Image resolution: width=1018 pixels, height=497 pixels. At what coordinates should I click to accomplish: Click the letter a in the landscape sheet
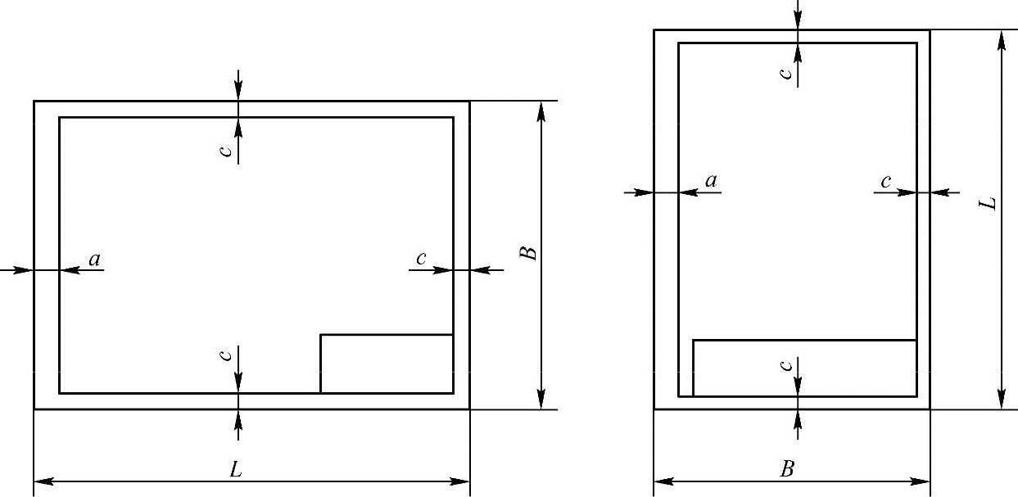click(x=94, y=260)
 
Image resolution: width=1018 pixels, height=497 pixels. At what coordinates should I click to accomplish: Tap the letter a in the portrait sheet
click(x=711, y=181)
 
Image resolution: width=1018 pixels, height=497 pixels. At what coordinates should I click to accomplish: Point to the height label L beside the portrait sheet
click(x=990, y=202)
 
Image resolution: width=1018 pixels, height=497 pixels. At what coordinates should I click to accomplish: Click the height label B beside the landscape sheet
click(x=531, y=252)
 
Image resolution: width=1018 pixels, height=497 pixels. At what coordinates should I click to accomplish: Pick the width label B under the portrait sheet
click(x=787, y=469)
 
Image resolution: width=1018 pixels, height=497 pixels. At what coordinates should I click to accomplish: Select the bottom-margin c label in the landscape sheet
click(x=231, y=355)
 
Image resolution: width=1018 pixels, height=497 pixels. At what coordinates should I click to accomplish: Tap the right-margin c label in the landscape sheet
click(x=421, y=259)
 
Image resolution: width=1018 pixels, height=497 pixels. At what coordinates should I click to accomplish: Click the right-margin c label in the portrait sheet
click(x=885, y=181)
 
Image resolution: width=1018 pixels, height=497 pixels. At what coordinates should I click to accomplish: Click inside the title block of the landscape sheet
click(x=386, y=364)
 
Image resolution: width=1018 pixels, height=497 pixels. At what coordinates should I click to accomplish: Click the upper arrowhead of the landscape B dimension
click(x=541, y=110)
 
